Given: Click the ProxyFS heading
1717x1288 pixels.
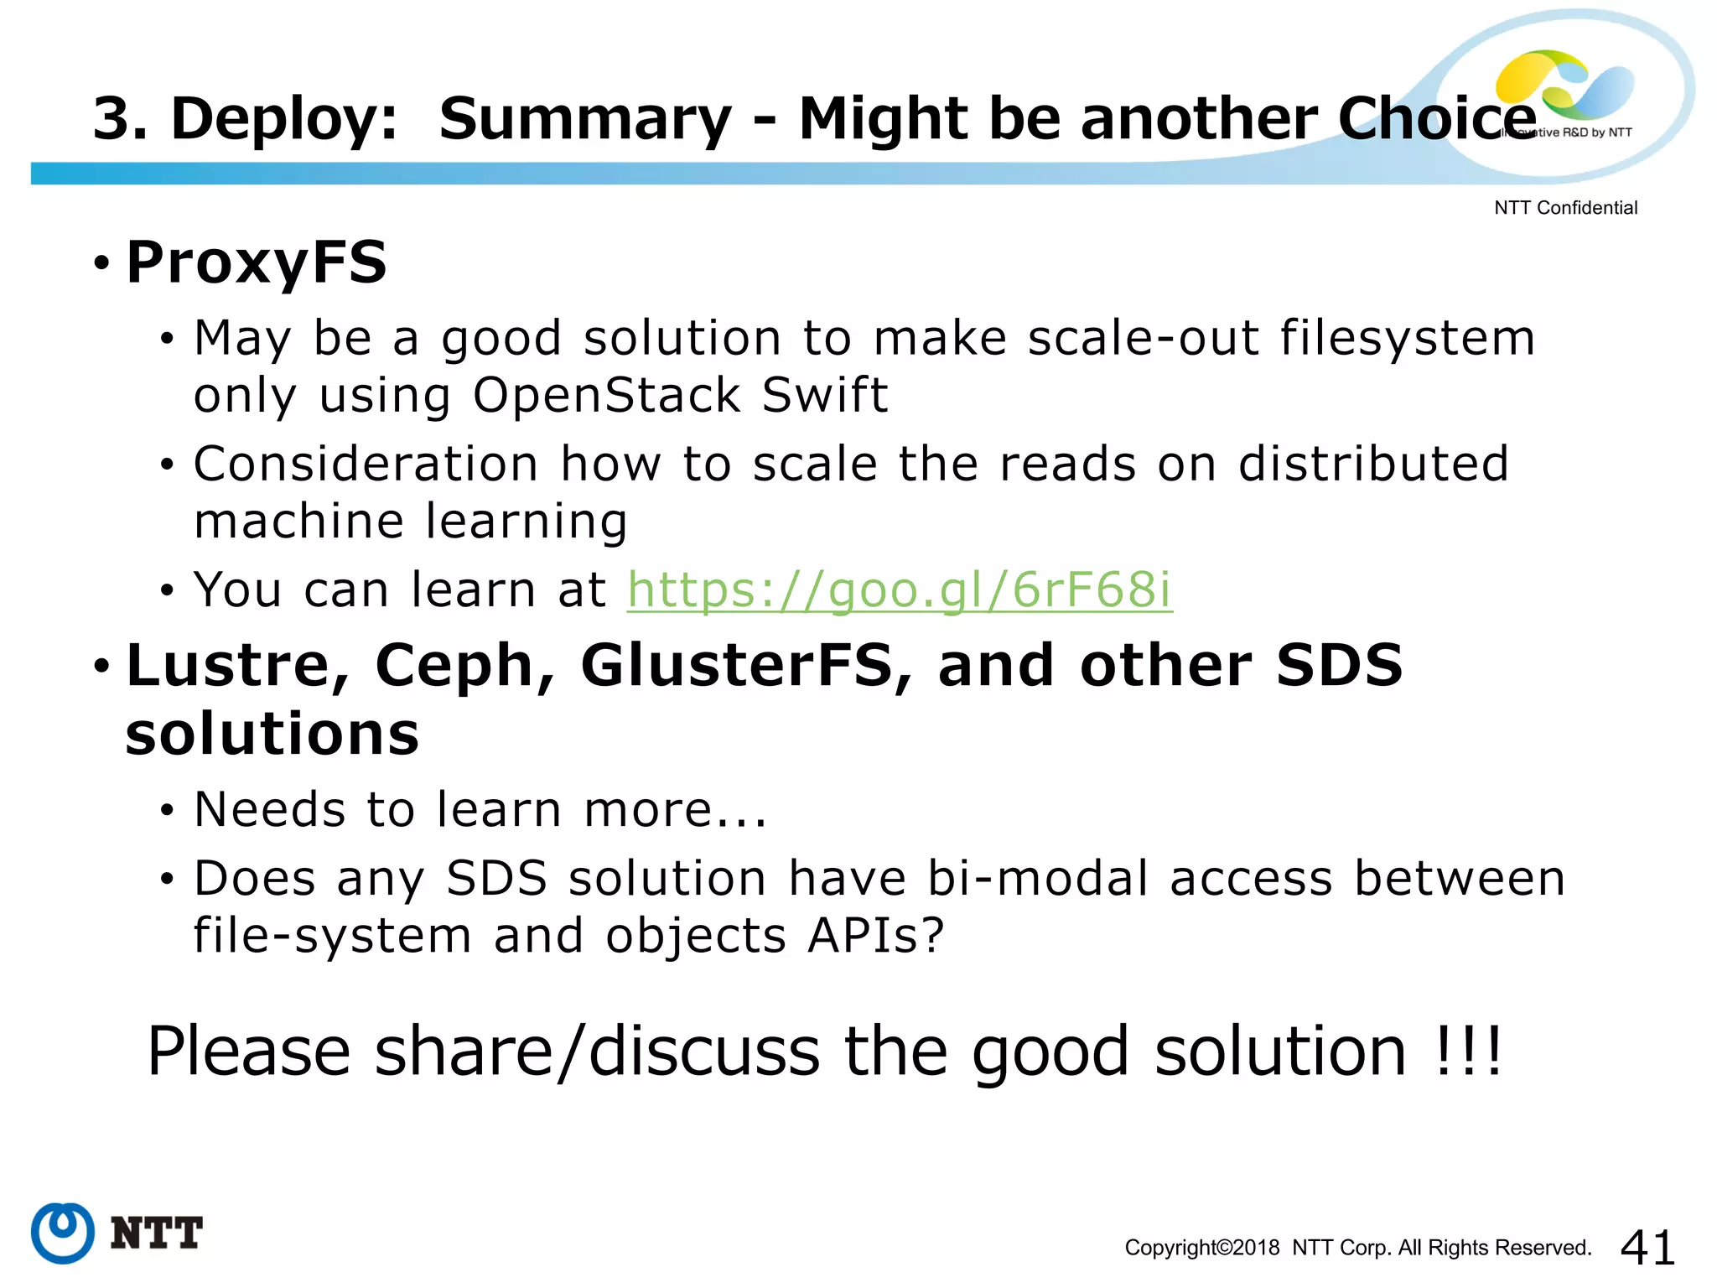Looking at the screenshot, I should (256, 262).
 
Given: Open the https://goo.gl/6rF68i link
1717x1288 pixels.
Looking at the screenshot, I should (900, 589).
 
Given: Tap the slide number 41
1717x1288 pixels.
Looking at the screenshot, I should (1647, 1247).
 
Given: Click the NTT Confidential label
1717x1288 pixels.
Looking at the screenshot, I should (1565, 208).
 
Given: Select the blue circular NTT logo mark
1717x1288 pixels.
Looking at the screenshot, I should (63, 1232).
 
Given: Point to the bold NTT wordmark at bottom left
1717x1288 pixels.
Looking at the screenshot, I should (157, 1233).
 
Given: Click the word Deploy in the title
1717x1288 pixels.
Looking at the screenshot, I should (283, 118).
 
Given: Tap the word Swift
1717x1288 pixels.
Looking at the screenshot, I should (824, 395).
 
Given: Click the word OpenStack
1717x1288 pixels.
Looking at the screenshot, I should (607, 395).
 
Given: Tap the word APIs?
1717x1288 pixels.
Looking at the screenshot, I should (876, 936).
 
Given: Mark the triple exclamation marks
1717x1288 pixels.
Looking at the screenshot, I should (1468, 1051).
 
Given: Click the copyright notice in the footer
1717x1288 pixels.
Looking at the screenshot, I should (1357, 1248).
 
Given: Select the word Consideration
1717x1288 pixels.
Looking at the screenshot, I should (366, 464).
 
